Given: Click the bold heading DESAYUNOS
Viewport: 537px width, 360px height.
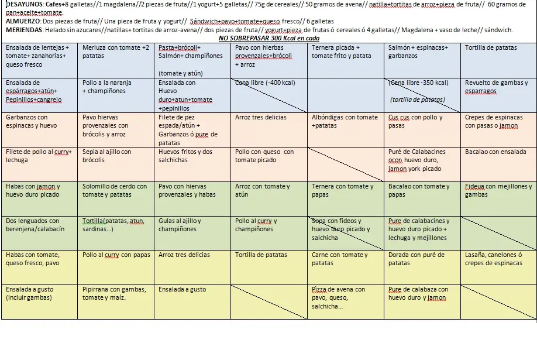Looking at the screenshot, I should [x=23, y=5].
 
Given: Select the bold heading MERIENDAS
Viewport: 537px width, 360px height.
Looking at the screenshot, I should [x=23, y=30].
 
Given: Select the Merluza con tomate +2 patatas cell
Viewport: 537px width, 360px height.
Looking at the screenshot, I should [x=116, y=60].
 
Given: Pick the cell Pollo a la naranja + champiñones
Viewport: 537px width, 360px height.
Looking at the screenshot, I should [x=116, y=95].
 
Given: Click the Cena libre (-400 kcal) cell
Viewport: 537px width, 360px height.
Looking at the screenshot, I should [x=268, y=95].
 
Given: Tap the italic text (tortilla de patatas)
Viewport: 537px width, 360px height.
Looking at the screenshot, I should [x=417, y=100].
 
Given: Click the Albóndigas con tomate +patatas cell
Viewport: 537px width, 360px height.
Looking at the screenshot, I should [x=345, y=129].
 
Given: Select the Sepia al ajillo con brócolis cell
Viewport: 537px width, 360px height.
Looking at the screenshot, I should [x=116, y=163].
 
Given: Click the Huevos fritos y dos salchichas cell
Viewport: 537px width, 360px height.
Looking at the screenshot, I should [x=193, y=163].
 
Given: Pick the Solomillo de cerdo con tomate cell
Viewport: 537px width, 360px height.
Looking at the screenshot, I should [x=116, y=198].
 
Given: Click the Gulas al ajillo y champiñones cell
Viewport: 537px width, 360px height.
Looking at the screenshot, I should [x=193, y=232].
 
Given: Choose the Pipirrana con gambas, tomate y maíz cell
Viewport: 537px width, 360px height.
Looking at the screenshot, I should [x=116, y=301].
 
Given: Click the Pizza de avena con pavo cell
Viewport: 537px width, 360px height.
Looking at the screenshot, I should [x=345, y=301].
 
